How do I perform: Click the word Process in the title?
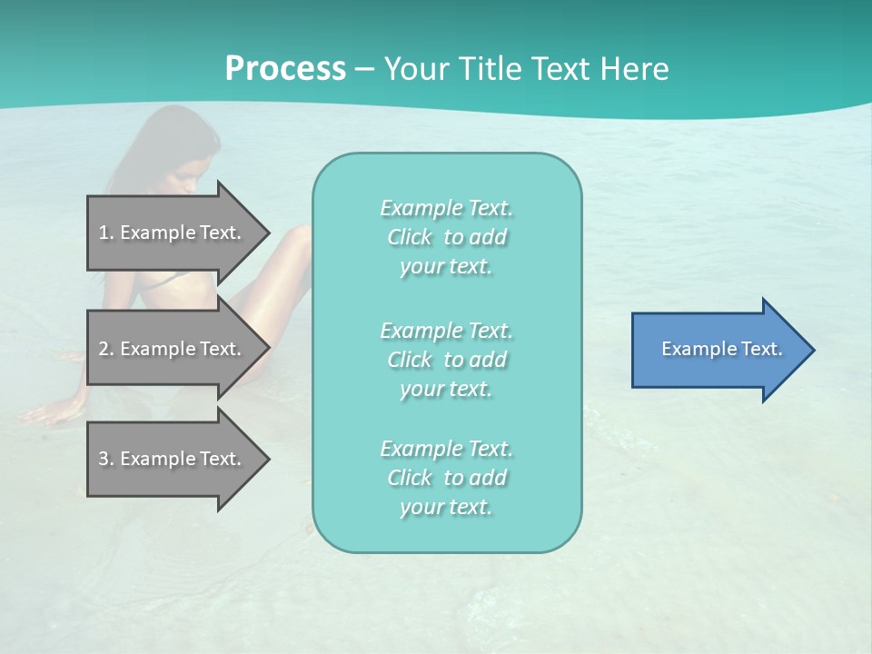(x=285, y=69)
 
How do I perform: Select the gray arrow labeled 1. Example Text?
(x=173, y=233)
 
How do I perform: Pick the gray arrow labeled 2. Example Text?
(x=173, y=349)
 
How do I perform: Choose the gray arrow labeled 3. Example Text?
(x=173, y=459)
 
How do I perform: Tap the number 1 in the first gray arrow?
(x=104, y=233)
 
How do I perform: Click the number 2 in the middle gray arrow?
(x=104, y=349)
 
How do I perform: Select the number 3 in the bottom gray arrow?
(x=104, y=459)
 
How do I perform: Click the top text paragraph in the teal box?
(x=446, y=237)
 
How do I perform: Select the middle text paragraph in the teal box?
(x=446, y=359)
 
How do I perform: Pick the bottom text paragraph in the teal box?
(x=446, y=478)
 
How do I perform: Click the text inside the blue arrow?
(x=722, y=349)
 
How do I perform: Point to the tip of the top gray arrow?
(x=268, y=233)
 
